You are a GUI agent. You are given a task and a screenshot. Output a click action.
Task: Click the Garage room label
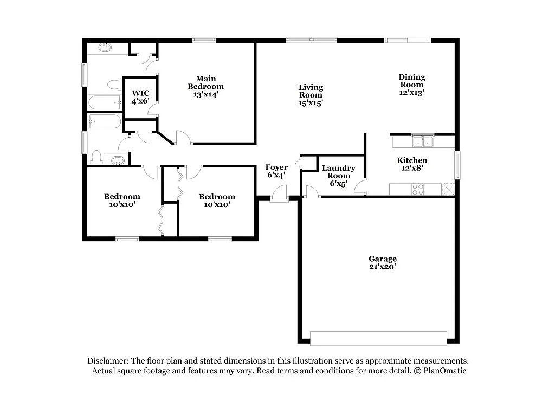(x=382, y=259)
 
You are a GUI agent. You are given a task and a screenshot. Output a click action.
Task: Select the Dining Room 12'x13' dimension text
(x=412, y=93)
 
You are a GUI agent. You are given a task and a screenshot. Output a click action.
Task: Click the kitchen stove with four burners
(x=418, y=190)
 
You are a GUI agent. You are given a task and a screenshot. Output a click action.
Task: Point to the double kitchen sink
(x=422, y=142)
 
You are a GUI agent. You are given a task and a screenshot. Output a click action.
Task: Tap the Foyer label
(x=276, y=167)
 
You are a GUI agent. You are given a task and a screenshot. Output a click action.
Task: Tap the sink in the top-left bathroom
(x=105, y=48)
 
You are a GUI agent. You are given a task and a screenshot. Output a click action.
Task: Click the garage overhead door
(x=378, y=338)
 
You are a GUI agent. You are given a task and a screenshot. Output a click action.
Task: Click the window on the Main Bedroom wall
(x=204, y=40)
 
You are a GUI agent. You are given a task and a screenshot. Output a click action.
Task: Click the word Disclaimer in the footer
(x=108, y=361)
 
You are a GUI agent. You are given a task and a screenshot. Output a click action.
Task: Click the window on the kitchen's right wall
(x=457, y=165)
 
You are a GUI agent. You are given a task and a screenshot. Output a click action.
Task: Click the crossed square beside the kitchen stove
(x=448, y=190)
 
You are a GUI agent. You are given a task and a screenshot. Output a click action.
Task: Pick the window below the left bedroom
(x=127, y=239)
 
